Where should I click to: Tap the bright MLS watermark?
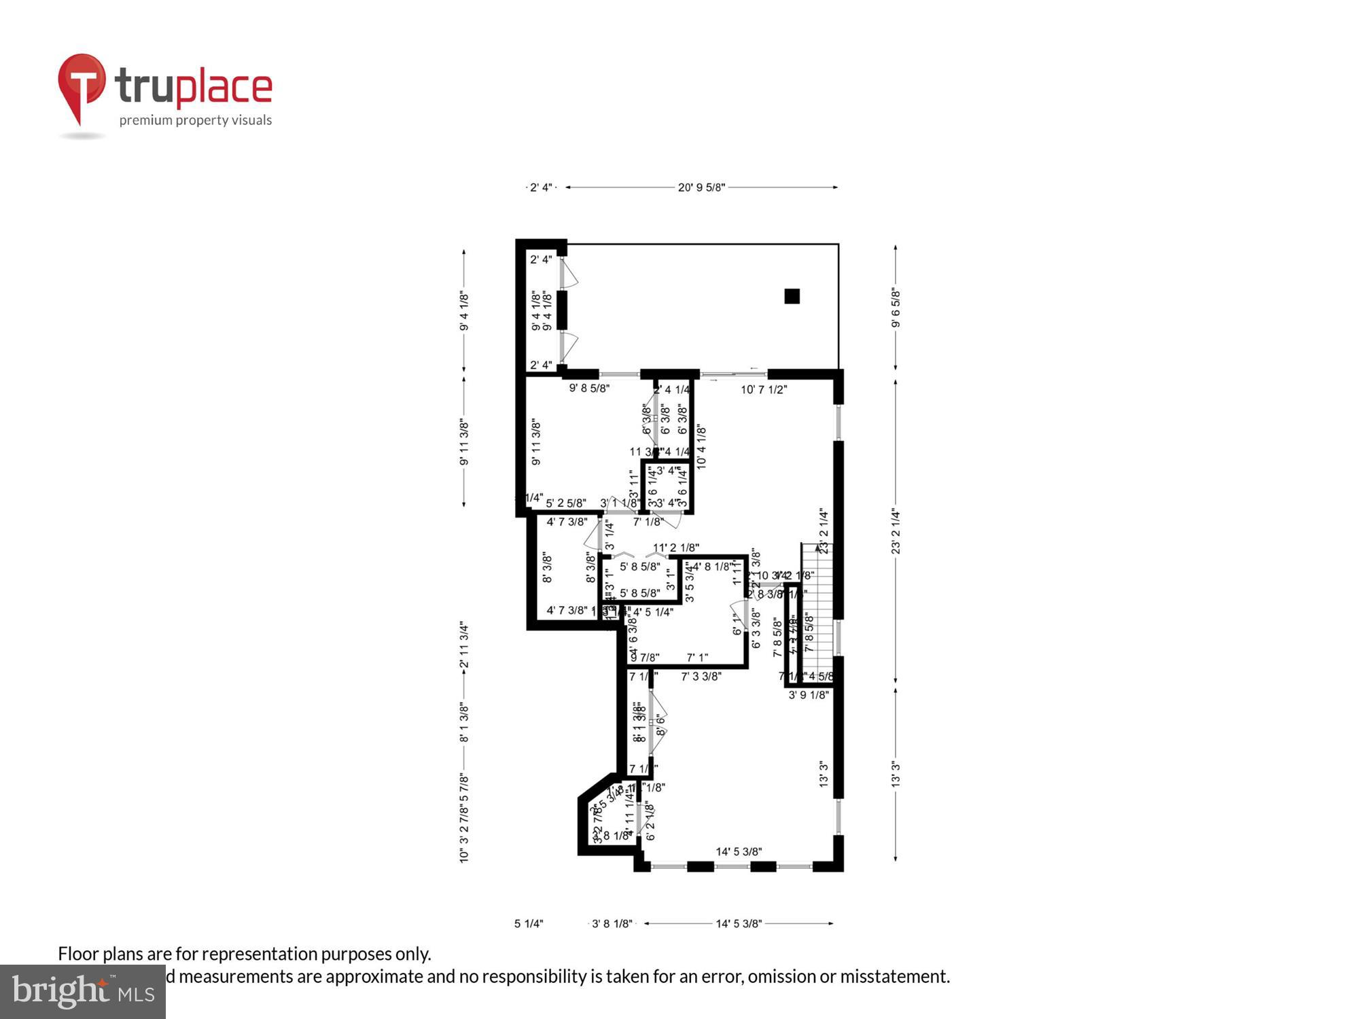coord(83,992)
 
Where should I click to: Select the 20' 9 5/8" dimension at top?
coord(701,187)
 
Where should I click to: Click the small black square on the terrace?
coord(792,296)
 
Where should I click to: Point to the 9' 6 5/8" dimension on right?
coord(896,307)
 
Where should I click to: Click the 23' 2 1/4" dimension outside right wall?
coord(896,531)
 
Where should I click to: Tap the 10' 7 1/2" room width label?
coord(763,390)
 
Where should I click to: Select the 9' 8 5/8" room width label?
coord(589,389)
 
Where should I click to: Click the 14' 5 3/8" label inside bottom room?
coord(739,852)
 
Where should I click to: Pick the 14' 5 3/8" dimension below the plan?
coord(739,924)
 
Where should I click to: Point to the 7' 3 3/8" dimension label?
coord(701,677)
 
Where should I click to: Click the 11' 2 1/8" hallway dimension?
coord(676,548)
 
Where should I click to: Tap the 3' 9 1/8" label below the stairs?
coord(809,696)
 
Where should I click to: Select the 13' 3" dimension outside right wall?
coord(896,774)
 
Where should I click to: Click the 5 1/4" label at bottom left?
coord(529,924)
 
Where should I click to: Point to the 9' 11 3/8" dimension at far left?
coord(464,442)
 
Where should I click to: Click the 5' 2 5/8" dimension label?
coord(566,503)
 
